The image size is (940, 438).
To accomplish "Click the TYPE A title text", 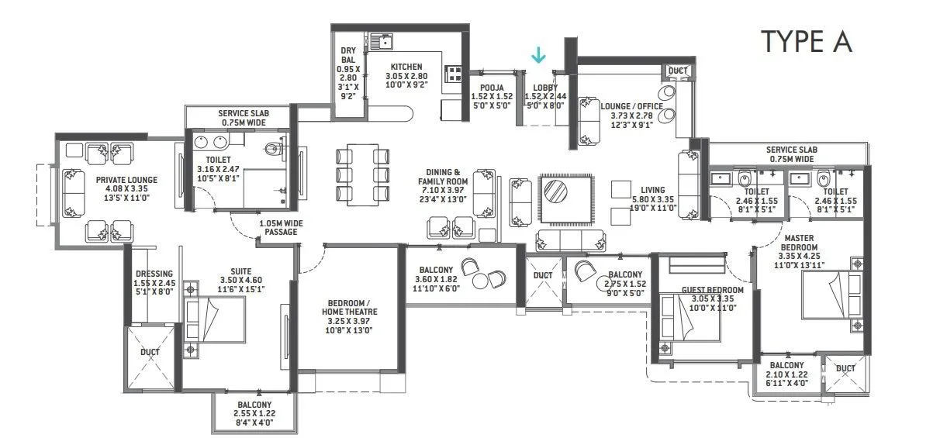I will click(x=807, y=41).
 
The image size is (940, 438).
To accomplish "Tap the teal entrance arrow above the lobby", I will click(x=538, y=55).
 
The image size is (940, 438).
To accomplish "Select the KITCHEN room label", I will click(x=406, y=67).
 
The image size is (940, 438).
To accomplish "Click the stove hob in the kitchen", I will click(x=454, y=74).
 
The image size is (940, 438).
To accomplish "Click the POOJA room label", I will click(x=492, y=87).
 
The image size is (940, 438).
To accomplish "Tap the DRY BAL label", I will click(x=347, y=56).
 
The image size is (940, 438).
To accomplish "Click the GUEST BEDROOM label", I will click(x=712, y=290).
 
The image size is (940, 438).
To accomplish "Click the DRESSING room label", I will click(x=148, y=273).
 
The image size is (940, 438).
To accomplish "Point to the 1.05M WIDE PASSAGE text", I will click(x=280, y=226).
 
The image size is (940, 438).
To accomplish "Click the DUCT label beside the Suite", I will click(x=150, y=352).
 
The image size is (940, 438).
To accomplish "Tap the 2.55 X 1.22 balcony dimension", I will click(x=254, y=414).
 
